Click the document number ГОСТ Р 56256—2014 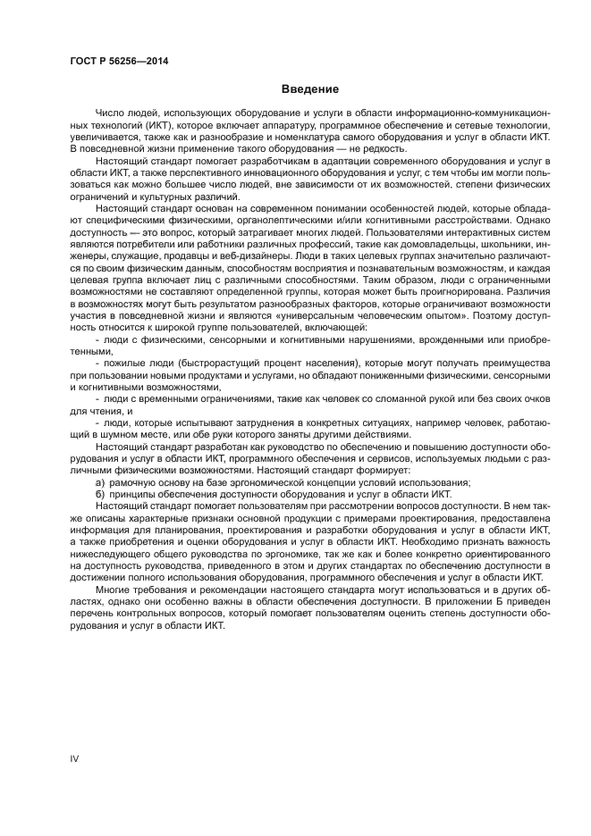(119, 61)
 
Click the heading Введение (308, 89)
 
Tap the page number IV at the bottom (75, 758)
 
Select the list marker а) (100, 481)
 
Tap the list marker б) (100, 492)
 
